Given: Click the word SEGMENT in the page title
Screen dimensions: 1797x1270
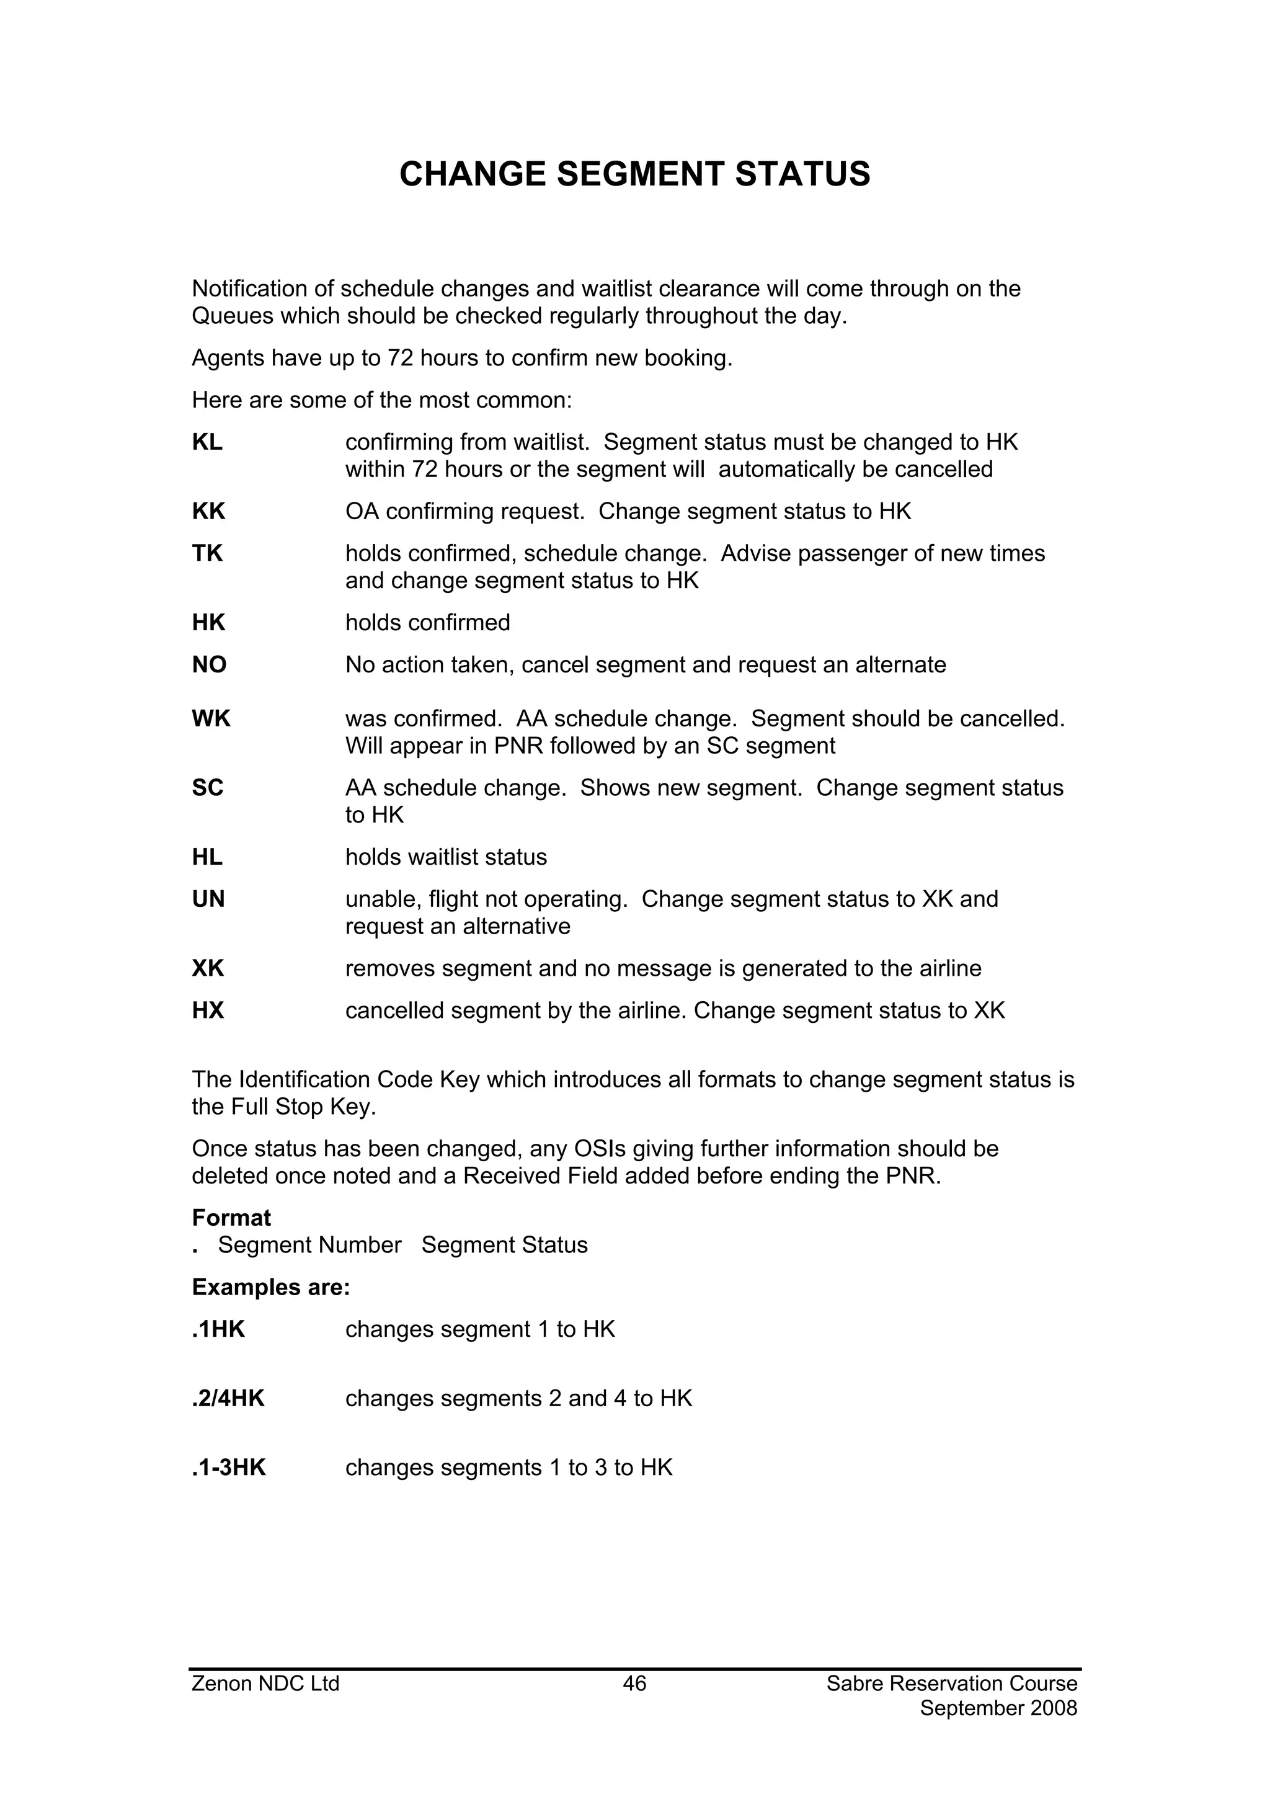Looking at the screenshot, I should click(x=639, y=174).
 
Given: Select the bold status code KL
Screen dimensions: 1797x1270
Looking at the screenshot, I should click(x=207, y=442).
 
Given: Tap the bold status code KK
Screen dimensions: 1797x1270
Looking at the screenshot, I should click(x=208, y=511).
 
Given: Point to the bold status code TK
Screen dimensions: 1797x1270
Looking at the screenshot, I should click(x=207, y=553).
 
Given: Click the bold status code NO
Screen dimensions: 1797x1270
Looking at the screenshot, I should click(x=209, y=664).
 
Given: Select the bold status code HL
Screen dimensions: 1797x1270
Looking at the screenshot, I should click(x=207, y=857).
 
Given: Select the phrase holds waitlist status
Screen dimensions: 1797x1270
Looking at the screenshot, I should click(x=446, y=857).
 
